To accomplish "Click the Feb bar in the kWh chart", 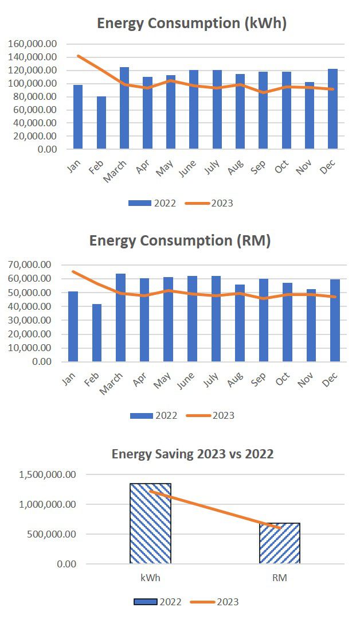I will point(101,123).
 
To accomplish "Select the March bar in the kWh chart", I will point(124,108).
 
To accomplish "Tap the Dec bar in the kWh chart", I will point(332,109).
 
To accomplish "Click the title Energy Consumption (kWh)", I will point(191,24).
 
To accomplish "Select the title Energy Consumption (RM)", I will point(180,241).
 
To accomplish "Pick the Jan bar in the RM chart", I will point(73,326).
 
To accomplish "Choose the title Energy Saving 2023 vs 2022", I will point(193,454).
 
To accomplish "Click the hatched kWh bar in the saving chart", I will point(150,523).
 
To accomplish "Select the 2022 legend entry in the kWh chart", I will point(152,203).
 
